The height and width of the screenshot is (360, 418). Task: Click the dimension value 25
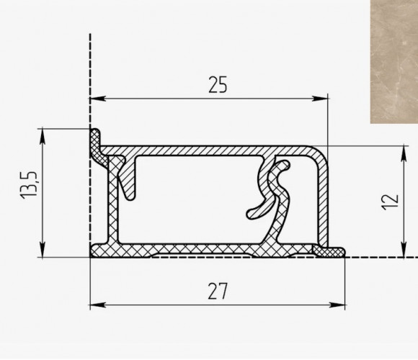(x=218, y=85)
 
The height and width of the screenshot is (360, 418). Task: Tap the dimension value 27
(x=218, y=292)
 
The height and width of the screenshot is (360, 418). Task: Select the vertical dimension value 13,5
(x=29, y=184)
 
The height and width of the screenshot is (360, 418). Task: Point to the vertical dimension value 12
(x=391, y=202)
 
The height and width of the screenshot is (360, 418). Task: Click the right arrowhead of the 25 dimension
(x=320, y=99)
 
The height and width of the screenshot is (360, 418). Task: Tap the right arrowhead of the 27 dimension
(x=337, y=305)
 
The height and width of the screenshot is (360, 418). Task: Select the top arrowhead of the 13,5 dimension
(x=43, y=137)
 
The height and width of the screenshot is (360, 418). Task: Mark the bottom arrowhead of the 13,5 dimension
(x=43, y=250)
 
